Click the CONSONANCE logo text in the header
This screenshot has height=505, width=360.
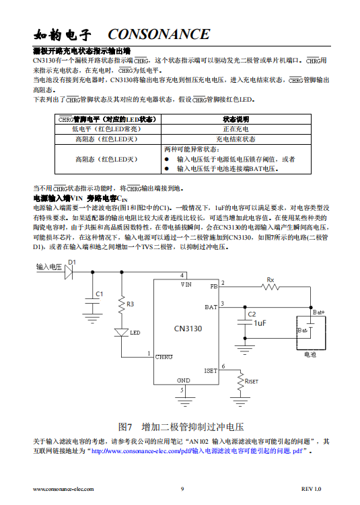coord(159,34)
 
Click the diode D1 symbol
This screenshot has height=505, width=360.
coord(69,273)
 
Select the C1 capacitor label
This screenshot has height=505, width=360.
coord(100,294)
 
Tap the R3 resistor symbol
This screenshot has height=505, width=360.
coord(122,305)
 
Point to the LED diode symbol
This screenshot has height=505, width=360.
coord(122,333)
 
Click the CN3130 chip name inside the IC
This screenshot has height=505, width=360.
coord(188,329)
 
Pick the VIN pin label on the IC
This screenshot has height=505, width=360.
coord(186,284)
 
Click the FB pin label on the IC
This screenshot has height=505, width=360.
coord(214,286)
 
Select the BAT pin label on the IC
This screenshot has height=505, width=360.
coord(211,307)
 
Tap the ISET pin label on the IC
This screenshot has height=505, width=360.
coord(211,371)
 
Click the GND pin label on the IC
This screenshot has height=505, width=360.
coord(184,380)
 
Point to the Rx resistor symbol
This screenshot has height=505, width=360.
coord(271,287)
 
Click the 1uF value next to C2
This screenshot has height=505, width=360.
coord(260,323)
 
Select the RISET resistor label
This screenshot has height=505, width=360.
coord(252,381)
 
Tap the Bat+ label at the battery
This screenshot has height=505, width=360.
coord(319,312)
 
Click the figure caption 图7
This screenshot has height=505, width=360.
coord(125,427)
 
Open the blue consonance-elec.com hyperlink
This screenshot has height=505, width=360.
coord(197,451)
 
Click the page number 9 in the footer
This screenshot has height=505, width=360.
coord(182,489)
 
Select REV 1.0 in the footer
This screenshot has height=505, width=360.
coord(311,489)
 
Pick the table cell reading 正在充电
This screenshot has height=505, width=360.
coord(236,129)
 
